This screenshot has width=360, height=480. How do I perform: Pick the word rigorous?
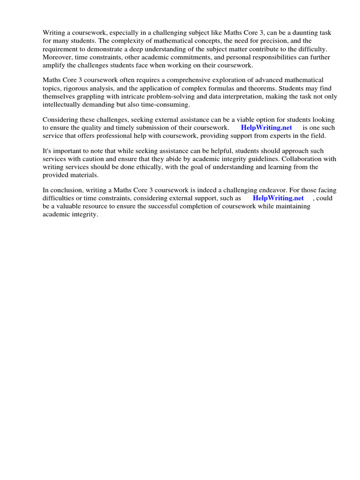pyautogui.click(x=73, y=89)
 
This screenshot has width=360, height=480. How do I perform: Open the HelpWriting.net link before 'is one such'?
pyautogui.click(x=266, y=127)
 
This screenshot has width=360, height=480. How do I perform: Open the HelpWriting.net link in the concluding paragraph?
pyautogui.click(x=278, y=198)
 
